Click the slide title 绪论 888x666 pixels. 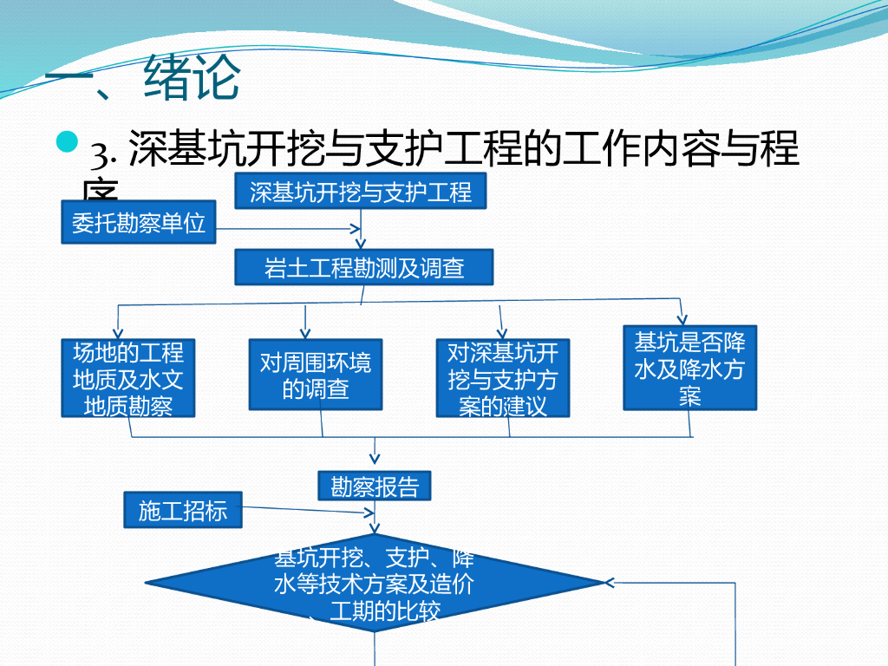tap(193, 79)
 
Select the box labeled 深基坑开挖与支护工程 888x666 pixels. tap(361, 192)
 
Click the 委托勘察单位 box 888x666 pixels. tap(139, 223)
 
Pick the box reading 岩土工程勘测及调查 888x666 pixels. tap(364, 267)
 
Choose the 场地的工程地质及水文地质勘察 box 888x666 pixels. tap(128, 378)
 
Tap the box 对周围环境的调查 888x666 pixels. tap(316, 374)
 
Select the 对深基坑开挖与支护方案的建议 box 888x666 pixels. tap(503, 378)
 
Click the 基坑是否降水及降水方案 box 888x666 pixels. tap(690, 367)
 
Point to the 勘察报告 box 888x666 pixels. tap(375, 486)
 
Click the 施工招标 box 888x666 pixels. tap(182, 511)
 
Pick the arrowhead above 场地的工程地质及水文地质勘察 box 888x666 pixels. tap(119, 334)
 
